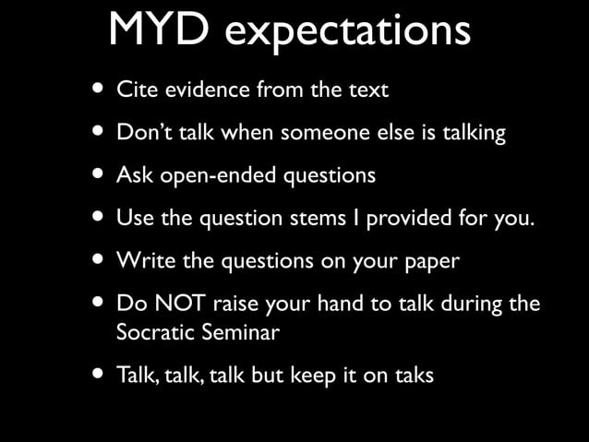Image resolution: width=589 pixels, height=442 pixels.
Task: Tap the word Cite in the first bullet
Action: tap(135, 90)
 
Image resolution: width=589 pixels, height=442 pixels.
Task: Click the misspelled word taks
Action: tap(412, 376)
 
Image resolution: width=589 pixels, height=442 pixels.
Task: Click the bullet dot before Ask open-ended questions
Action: tap(98, 174)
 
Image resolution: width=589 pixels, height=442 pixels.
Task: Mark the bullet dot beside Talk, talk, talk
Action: tap(98, 376)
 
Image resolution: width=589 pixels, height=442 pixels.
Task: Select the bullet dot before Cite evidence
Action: tap(98, 90)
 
